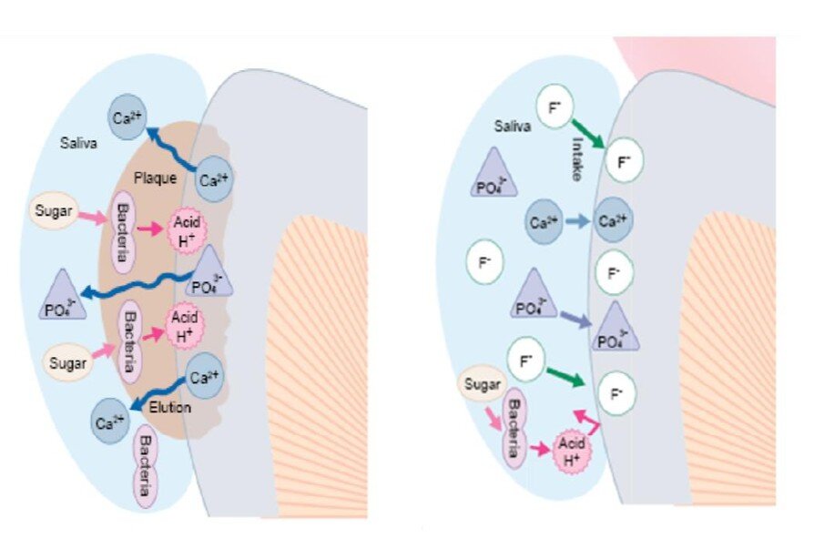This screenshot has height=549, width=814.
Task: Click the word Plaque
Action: pyautogui.click(x=155, y=178)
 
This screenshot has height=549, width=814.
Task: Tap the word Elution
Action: pyautogui.click(x=169, y=407)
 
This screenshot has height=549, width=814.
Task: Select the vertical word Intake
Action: pyautogui.click(x=576, y=158)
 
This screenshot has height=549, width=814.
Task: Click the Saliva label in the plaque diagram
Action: pyautogui.click(x=78, y=143)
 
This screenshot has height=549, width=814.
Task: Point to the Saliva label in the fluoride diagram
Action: pyautogui.click(x=513, y=126)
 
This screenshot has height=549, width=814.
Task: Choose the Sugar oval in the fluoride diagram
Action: pyautogui.click(x=483, y=384)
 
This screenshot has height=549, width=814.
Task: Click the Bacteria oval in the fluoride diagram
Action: pyautogui.click(x=514, y=429)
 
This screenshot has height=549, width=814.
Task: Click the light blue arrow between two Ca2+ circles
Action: pyautogui.click(x=576, y=221)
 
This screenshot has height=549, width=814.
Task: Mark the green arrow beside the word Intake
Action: pyautogui.click(x=587, y=134)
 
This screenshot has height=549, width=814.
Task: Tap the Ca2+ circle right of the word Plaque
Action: pyautogui.click(x=214, y=179)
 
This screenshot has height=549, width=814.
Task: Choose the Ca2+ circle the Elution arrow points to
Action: pyautogui.click(x=110, y=422)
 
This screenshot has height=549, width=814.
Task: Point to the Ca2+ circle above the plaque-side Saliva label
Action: pyautogui.click(x=127, y=117)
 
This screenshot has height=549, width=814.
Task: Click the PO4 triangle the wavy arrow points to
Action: pyautogui.click(x=63, y=296)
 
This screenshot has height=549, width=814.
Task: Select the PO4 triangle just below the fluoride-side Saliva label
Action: pyautogui.click(x=493, y=174)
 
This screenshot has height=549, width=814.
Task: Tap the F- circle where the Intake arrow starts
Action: pyautogui.click(x=555, y=107)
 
